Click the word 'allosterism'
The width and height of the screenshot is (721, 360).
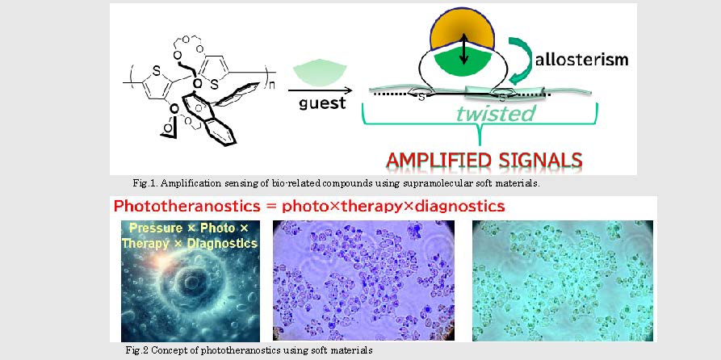(581, 61)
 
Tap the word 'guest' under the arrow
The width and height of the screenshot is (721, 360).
(322, 103)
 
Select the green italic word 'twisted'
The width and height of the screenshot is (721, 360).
(497, 113)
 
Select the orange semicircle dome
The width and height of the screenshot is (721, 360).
(462, 31)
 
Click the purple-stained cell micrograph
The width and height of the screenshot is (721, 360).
(363, 280)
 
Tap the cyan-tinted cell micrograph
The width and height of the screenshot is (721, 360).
(563, 280)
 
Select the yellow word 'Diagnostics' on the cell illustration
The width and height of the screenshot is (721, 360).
(220, 243)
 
